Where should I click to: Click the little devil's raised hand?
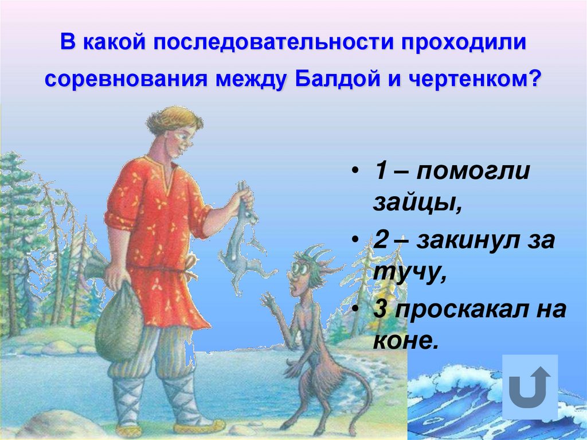click(268, 299)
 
